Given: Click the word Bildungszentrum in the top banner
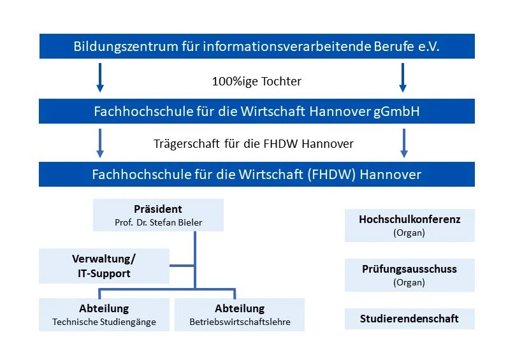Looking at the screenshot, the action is click(x=126, y=47).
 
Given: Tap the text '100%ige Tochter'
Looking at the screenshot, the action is click(x=256, y=82).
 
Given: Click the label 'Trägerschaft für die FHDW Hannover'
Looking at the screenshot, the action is click(x=254, y=144).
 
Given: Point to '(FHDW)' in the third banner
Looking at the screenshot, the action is click(x=331, y=175).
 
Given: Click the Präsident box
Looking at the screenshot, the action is click(x=158, y=215).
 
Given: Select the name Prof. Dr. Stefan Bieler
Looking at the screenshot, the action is click(x=158, y=222).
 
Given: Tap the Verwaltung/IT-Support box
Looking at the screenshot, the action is click(x=104, y=266).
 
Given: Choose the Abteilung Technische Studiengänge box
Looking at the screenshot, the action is click(x=104, y=315).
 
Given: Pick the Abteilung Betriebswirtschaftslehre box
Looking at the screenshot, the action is click(x=240, y=315).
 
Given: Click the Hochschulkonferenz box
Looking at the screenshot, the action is click(x=410, y=226).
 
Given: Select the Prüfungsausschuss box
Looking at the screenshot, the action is click(x=410, y=275).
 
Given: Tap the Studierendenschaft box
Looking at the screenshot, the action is click(x=410, y=319).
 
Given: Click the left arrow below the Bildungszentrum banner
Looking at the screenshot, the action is click(x=100, y=78).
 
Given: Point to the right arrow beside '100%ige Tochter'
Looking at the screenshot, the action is click(x=403, y=78).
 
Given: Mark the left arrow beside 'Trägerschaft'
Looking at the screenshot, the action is click(x=100, y=143).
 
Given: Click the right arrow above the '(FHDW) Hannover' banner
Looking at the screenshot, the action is click(x=404, y=143).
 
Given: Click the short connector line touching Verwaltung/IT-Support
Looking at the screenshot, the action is click(x=182, y=266).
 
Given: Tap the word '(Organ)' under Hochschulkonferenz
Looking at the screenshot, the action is click(x=409, y=233).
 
